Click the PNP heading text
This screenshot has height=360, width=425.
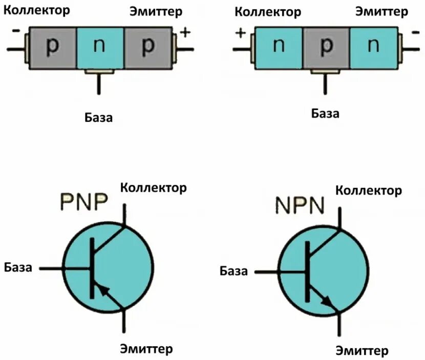[84, 201]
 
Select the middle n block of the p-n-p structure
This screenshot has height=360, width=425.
[100, 47]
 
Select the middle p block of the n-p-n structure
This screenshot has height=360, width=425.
[326, 48]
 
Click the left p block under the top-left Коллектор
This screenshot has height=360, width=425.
[52, 47]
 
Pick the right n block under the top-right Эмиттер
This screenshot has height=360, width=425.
[374, 48]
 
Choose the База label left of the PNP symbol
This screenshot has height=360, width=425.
[18, 267]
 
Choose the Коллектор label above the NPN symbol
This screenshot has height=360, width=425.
[368, 190]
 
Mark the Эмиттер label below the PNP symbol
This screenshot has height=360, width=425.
[146, 349]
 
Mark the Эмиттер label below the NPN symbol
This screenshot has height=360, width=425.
[362, 351]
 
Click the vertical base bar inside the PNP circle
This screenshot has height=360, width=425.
[92, 268]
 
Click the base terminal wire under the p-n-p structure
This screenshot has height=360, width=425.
[99, 85]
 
